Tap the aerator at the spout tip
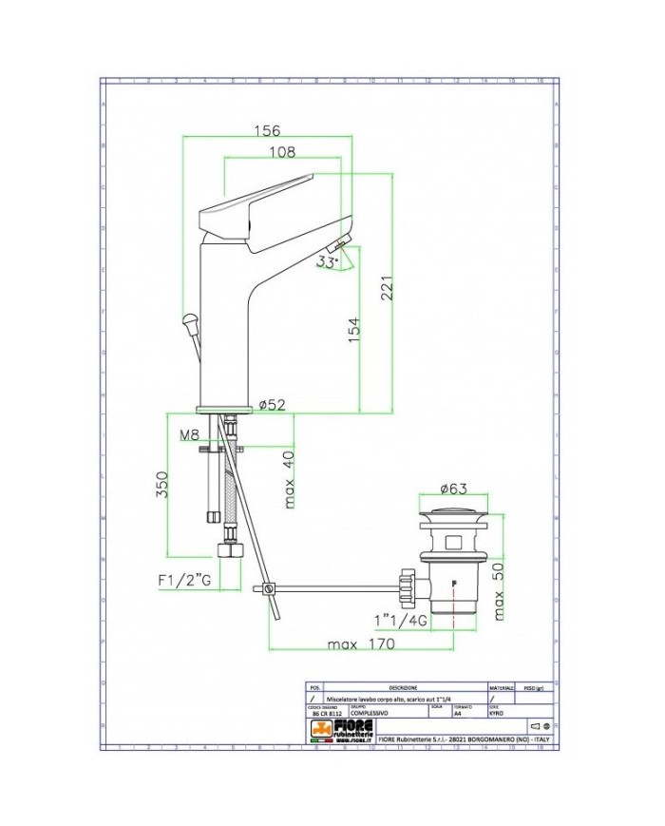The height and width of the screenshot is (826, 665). click(343, 243)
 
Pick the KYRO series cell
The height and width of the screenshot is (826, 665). click(497, 713)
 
